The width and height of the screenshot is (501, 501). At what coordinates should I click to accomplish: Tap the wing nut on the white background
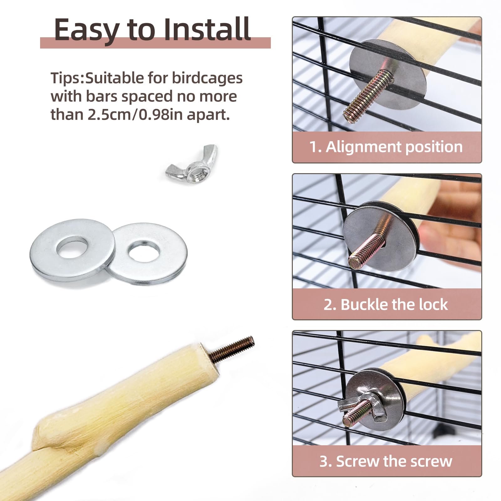[x=192, y=164]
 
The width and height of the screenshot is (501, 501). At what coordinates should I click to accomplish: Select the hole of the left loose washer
[x=72, y=247]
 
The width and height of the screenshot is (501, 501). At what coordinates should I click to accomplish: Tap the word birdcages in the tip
[x=207, y=78]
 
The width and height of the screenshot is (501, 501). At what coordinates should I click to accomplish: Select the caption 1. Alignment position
[x=386, y=147]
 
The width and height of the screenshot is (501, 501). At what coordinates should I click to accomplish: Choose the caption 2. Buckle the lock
[x=386, y=304]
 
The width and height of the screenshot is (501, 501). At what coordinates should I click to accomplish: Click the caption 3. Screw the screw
[x=386, y=461]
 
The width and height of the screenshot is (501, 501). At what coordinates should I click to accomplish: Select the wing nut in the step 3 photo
[x=363, y=407]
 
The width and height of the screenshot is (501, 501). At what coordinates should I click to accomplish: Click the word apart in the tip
[x=208, y=116]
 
